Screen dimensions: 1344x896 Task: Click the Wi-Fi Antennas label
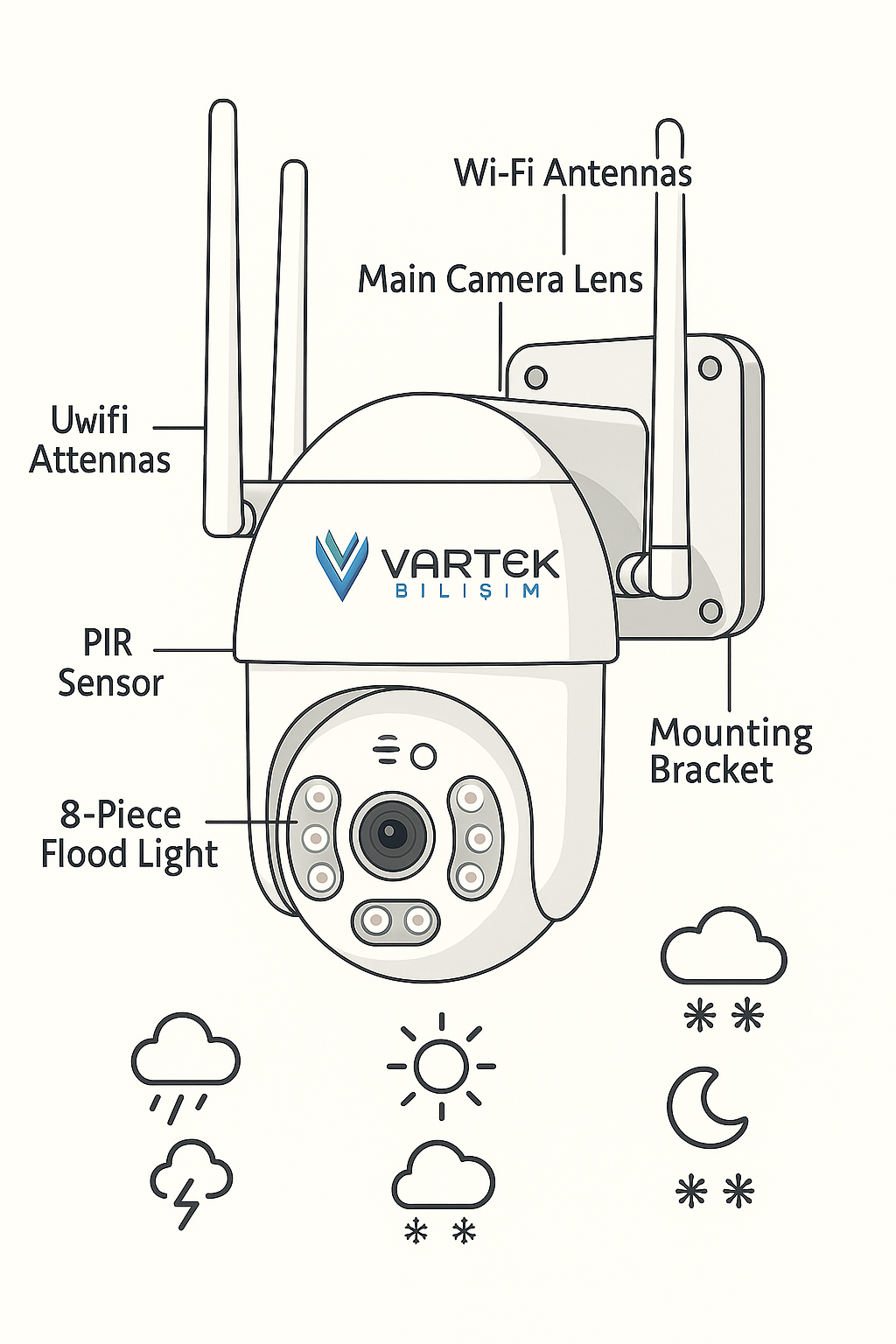click(572, 172)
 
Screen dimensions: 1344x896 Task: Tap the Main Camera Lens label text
click(500, 280)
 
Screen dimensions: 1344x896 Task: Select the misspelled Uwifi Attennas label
click(99, 440)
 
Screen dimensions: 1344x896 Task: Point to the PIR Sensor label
click(109, 662)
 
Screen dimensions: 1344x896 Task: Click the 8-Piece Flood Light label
click(128, 834)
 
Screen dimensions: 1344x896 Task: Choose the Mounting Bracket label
click(731, 751)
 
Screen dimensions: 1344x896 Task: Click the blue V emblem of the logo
click(341, 563)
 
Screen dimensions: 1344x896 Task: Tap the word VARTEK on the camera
click(470, 563)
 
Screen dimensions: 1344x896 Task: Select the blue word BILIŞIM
click(467, 591)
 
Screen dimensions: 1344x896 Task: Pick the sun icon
click(441, 1066)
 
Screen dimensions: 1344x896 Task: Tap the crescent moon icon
click(705, 1107)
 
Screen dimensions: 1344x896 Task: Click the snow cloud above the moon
click(724, 949)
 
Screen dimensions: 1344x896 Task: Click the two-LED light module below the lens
click(395, 920)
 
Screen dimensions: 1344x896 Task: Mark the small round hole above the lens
click(423, 756)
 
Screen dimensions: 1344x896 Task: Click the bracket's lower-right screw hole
click(710, 609)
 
